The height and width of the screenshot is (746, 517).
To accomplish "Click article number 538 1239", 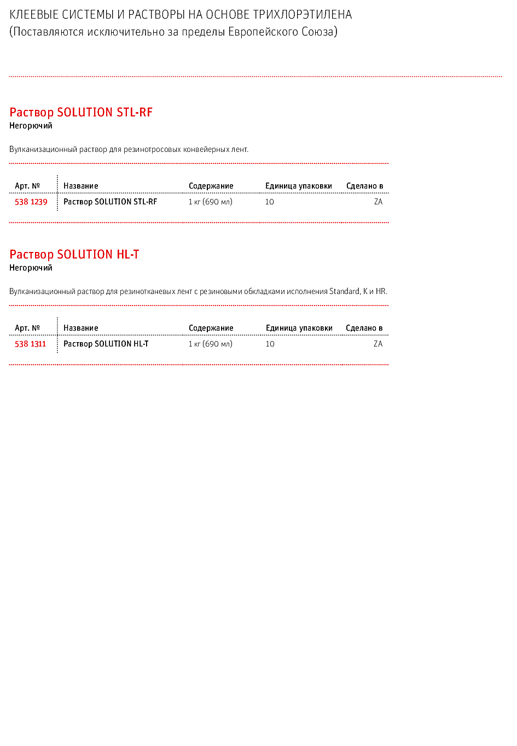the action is (x=31, y=202).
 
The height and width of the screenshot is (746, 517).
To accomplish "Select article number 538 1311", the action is (x=30, y=344).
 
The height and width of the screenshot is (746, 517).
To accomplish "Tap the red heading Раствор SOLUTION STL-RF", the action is (x=81, y=112).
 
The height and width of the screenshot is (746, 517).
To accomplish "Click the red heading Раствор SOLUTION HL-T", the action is (x=74, y=255).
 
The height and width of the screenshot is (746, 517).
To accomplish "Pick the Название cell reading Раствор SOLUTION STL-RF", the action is (x=110, y=202).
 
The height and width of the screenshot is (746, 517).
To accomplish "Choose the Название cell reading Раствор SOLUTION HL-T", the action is (x=106, y=344).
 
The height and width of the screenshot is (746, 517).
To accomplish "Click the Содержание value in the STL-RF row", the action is (x=210, y=202).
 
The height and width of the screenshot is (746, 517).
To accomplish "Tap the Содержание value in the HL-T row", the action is (x=210, y=344).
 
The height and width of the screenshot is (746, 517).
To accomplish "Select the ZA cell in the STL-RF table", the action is (x=379, y=202).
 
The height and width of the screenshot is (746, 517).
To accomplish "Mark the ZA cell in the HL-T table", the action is (x=378, y=344).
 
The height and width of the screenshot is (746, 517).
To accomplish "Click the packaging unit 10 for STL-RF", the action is (x=270, y=202).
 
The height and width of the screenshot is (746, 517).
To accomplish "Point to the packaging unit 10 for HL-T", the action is (x=270, y=344).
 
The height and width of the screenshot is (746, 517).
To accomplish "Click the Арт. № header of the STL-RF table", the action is (x=27, y=186).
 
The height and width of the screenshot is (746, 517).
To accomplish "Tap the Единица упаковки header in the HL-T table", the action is (x=299, y=328).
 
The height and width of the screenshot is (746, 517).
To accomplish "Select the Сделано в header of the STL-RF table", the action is (x=365, y=186).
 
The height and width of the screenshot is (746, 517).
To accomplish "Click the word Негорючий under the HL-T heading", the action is (x=31, y=268).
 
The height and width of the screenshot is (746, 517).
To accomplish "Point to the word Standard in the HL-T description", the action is (x=344, y=291).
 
